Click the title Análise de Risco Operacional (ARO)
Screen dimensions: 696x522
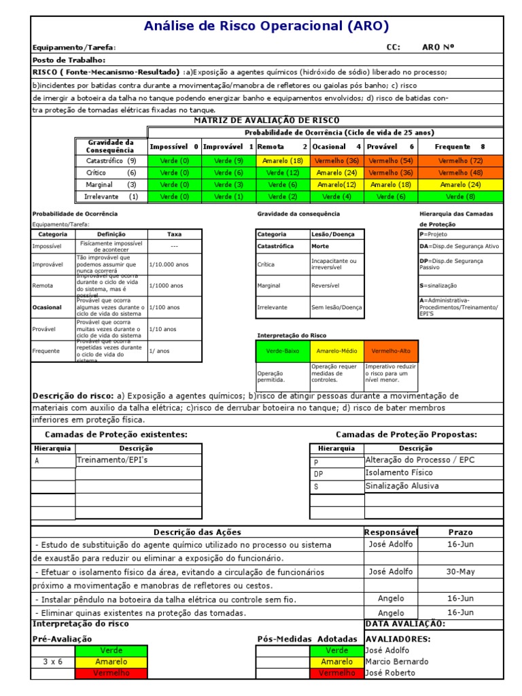click(x=266, y=27)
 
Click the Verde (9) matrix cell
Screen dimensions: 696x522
click(x=228, y=160)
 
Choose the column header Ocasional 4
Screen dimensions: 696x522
click(x=337, y=146)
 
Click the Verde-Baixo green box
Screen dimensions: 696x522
click(x=282, y=351)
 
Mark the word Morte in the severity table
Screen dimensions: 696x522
click(x=320, y=246)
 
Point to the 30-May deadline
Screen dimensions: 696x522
click(x=460, y=572)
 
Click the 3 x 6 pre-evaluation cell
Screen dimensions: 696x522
click(x=52, y=661)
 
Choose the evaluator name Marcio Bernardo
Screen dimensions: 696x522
click(x=397, y=661)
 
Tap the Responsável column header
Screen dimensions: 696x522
click(x=391, y=532)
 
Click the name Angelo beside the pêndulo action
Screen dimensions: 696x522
click(x=390, y=598)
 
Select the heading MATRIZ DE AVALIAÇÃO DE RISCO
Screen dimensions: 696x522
click(x=266, y=120)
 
